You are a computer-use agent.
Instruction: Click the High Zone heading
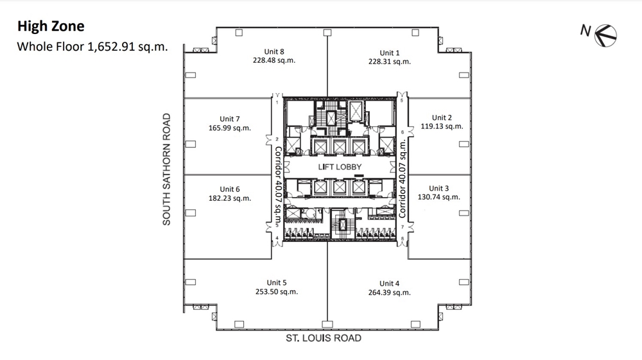pyautogui.click(x=51, y=26)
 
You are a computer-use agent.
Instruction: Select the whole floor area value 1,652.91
pyautogui.click(x=111, y=47)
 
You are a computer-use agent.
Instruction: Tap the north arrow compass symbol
pyautogui.click(x=605, y=35)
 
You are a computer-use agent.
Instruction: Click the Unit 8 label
pyautogui.click(x=274, y=51)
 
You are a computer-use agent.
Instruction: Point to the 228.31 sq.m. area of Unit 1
pyautogui.click(x=390, y=62)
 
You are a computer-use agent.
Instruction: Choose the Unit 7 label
pyautogui.click(x=230, y=119)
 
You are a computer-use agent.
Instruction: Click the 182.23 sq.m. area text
pyautogui.click(x=230, y=198)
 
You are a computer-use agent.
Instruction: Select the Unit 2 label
pyautogui.click(x=442, y=118)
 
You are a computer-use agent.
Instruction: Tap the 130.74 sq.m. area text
pyautogui.click(x=439, y=197)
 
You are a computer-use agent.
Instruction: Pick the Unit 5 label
pyautogui.click(x=277, y=283)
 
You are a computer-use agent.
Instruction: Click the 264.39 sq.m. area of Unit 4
pyautogui.click(x=390, y=293)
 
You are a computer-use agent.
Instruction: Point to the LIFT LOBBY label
pyautogui.click(x=340, y=167)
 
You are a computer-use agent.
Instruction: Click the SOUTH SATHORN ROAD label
pyautogui.click(x=166, y=169)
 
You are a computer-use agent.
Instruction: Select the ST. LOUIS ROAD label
pyautogui.click(x=324, y=338)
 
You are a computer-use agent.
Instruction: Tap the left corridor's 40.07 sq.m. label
pyautogui.click(x=278, y=203)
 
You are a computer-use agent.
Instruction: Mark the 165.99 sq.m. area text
pyautogui.click(x=230, y=128)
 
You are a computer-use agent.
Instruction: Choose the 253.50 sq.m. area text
pyautogui.click(x=277, y=292)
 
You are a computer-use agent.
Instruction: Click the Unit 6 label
pyautogui.click(x=230, y=189)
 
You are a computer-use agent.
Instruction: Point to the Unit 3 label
pyautogui.click(x=439, y=188)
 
